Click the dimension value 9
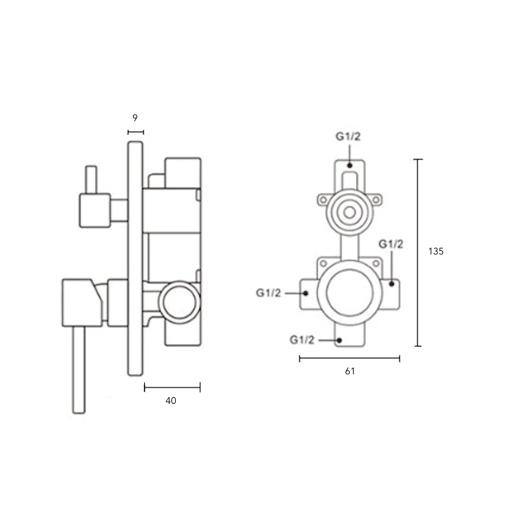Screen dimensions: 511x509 (135, 118)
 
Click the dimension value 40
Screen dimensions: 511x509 (171, 401)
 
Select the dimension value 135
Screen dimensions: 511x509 (436, 252)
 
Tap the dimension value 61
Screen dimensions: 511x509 (349, 371)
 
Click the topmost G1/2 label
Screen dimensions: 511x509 (348, 136)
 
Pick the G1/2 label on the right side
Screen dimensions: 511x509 (391, 244)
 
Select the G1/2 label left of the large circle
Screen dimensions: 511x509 (268, 293)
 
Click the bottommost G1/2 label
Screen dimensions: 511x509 (302, 340)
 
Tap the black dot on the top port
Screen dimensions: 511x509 (349, 165)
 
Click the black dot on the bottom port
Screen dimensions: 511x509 (339, 340)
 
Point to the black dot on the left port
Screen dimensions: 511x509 (306, 293)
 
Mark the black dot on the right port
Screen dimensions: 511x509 (391, 284)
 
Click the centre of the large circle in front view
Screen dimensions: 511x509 (349, 292)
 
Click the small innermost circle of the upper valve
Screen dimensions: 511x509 (349, 213)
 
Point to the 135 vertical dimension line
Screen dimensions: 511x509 (418, 252)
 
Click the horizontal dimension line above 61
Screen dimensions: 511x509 (349, 359)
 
